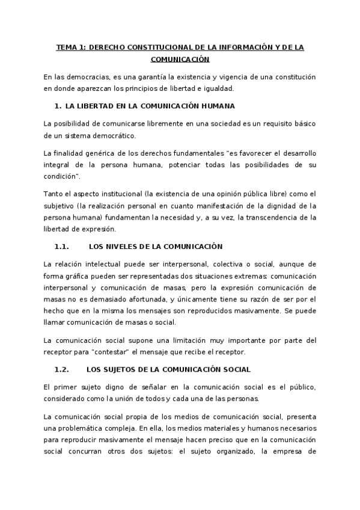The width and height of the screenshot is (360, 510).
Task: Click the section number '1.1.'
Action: [x=62, y=247]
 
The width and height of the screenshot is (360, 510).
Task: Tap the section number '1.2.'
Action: [x=62, y=369]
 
